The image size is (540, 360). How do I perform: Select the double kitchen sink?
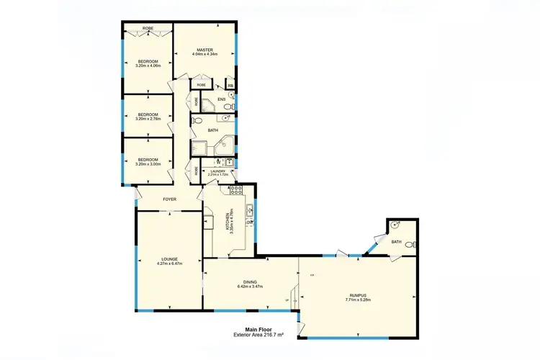pyautogui.click(x=248, y=210)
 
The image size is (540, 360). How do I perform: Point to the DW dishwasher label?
pyautogui.click(x=249, y=223)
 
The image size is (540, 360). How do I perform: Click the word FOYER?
pyautogui.click(x=169, y=199)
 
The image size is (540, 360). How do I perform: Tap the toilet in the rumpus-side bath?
pyautogui.click(x=409, y=246)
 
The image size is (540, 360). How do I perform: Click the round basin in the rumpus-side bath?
pyautogui.click(x=395, y=225)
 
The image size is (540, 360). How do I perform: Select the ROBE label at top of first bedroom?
pyautogui.click(x=148, y=28)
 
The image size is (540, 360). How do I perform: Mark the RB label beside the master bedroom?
pyautogui.click(x=230, y=86)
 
